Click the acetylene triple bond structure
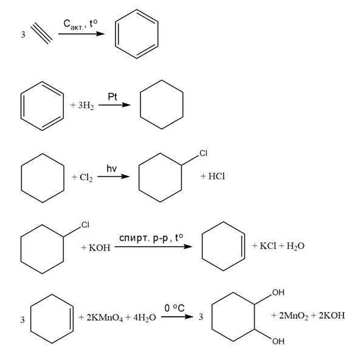[x=41, y=33]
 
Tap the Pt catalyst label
[x=112, y=97]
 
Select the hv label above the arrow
[x=111, y=168]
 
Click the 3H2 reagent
[x=86, y=105]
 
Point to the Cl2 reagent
[x=86, y=178]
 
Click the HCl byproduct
[x=216, y=176]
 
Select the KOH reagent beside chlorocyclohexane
[x=100, y=248]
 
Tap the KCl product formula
[x=268, y=246]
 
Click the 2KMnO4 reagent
[x=105, y=317]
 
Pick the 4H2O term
[x=145, y=317]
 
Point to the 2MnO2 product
[x=294, y=316]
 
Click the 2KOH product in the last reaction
[x=332, y=316]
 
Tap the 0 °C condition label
[x=174, y=308]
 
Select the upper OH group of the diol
[x=278, y=292]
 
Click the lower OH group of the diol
[x=278, y=341]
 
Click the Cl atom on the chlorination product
[x=204, y=153]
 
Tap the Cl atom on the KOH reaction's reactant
[x=86, y=225]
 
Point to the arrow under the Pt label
[x=114, y=105]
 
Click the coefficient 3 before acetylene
[x=23, y=35]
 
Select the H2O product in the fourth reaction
[x=295, y=246]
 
